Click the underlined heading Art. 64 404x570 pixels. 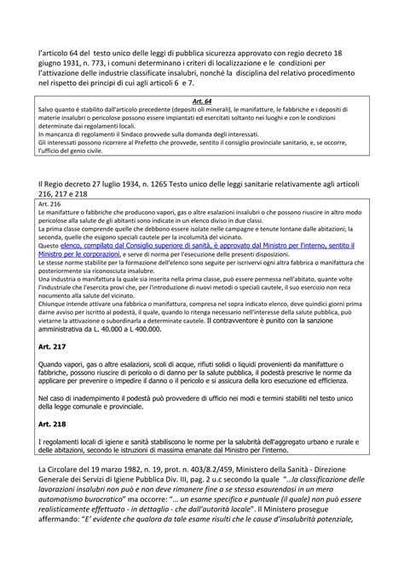tap(203, 100)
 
